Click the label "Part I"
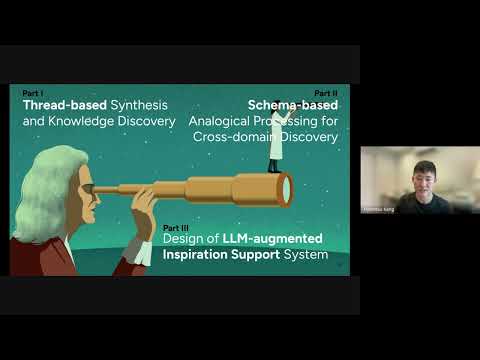click(x=31, y=93)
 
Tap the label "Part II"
click(x=326, y=93)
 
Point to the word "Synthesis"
click(x=139, y=105)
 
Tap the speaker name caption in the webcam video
click(x=378, y=210)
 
